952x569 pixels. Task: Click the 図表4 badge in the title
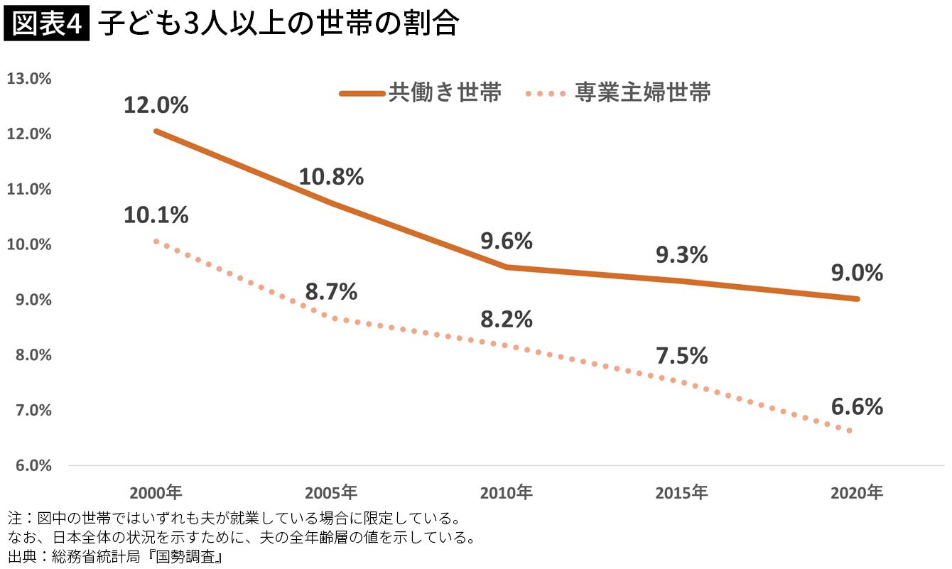click(x=47, y=25)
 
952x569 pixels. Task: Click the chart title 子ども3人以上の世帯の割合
click(x=278, y=25)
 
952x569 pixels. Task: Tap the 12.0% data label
click(x=156, y=106)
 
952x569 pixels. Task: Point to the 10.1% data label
click(x=156, y=215)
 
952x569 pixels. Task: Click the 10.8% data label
click(x=331, y=177)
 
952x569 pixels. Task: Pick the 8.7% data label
click(x=331, y=292)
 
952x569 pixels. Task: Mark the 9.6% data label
click(x=507, y=242)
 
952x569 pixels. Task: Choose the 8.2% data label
click(x=507, y=320)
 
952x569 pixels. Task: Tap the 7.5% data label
click(x=682, y=356)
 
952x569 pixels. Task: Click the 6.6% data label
click(x=857, y=407)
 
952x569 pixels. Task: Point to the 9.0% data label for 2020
click(x=857, y=273)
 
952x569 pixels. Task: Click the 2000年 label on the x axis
click(x=156, y=492)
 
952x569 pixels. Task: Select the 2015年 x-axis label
click(x=682, y=492)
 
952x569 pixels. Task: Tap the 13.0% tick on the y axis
click(x=29, y=79)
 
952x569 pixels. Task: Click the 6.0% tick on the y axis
click(x=29, y=466)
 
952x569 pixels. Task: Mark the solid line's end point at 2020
click(x=858, y=298)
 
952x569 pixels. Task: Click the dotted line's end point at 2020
click(x=850, y=430)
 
